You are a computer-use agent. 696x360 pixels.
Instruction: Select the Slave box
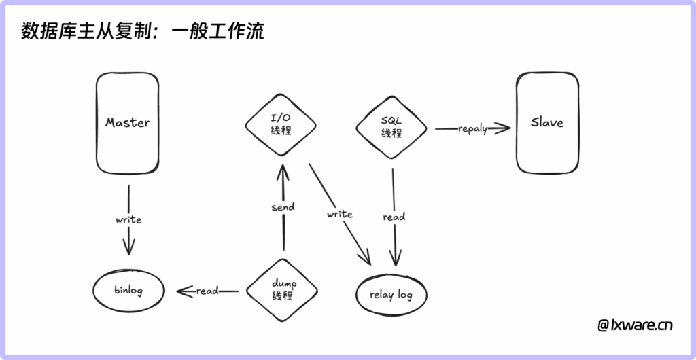tap(547, 123)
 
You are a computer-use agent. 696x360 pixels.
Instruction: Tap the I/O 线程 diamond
tap(281, 124)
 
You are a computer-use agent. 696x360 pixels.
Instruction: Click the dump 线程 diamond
tap(282, 290)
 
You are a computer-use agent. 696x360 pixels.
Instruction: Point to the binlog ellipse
tap(128, 291)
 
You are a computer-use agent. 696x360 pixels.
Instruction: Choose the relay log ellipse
tap(391, 295)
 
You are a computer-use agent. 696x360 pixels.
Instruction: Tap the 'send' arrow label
tap(282, 207)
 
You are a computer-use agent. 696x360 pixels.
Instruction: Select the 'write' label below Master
tap(128, 219)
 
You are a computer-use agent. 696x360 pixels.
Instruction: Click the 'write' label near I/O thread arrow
tap(339, 214)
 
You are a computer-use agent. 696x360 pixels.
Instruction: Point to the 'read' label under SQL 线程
tap(394, 217)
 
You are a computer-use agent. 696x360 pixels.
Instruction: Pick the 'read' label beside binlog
tap(207, 291)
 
